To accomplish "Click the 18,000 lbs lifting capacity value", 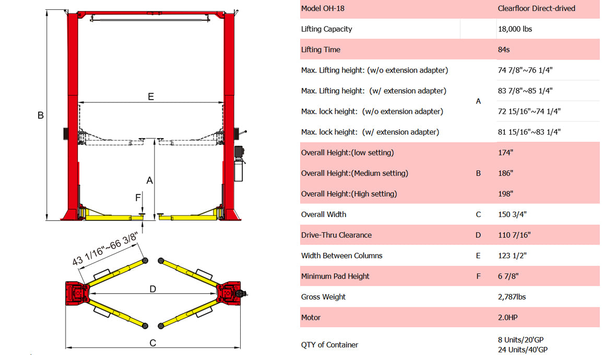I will click(x=515, y=29).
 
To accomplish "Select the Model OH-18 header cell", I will click(x=323, y=8).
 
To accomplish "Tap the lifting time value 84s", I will click(x=504, y=50).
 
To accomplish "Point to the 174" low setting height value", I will click(x=506, y=153).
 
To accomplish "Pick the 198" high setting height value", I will click(x=506, y=194).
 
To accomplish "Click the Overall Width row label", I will click(x=324, y=214).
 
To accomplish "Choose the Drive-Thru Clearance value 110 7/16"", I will click(x=514, y=235).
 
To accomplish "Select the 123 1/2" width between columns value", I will click(x=512, y=256).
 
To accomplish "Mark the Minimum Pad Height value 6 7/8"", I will click(x=508, y=277).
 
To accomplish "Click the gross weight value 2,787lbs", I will click(x=512, y=297).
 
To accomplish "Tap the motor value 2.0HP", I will click(x=507, y=317).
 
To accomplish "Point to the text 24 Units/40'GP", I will click(x=523, y=350).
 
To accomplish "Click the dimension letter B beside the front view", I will click(x=40, y=116).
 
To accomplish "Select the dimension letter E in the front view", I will click(x=151, y=97).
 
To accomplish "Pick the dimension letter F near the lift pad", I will click(x=138, y=198).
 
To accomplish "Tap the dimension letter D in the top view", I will click(x=152, y=289).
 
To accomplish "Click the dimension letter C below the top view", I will click(x=152, y=343).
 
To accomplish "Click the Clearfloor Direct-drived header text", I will click(x=536, y=8).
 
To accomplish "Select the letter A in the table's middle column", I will click(x=478, y=101).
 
